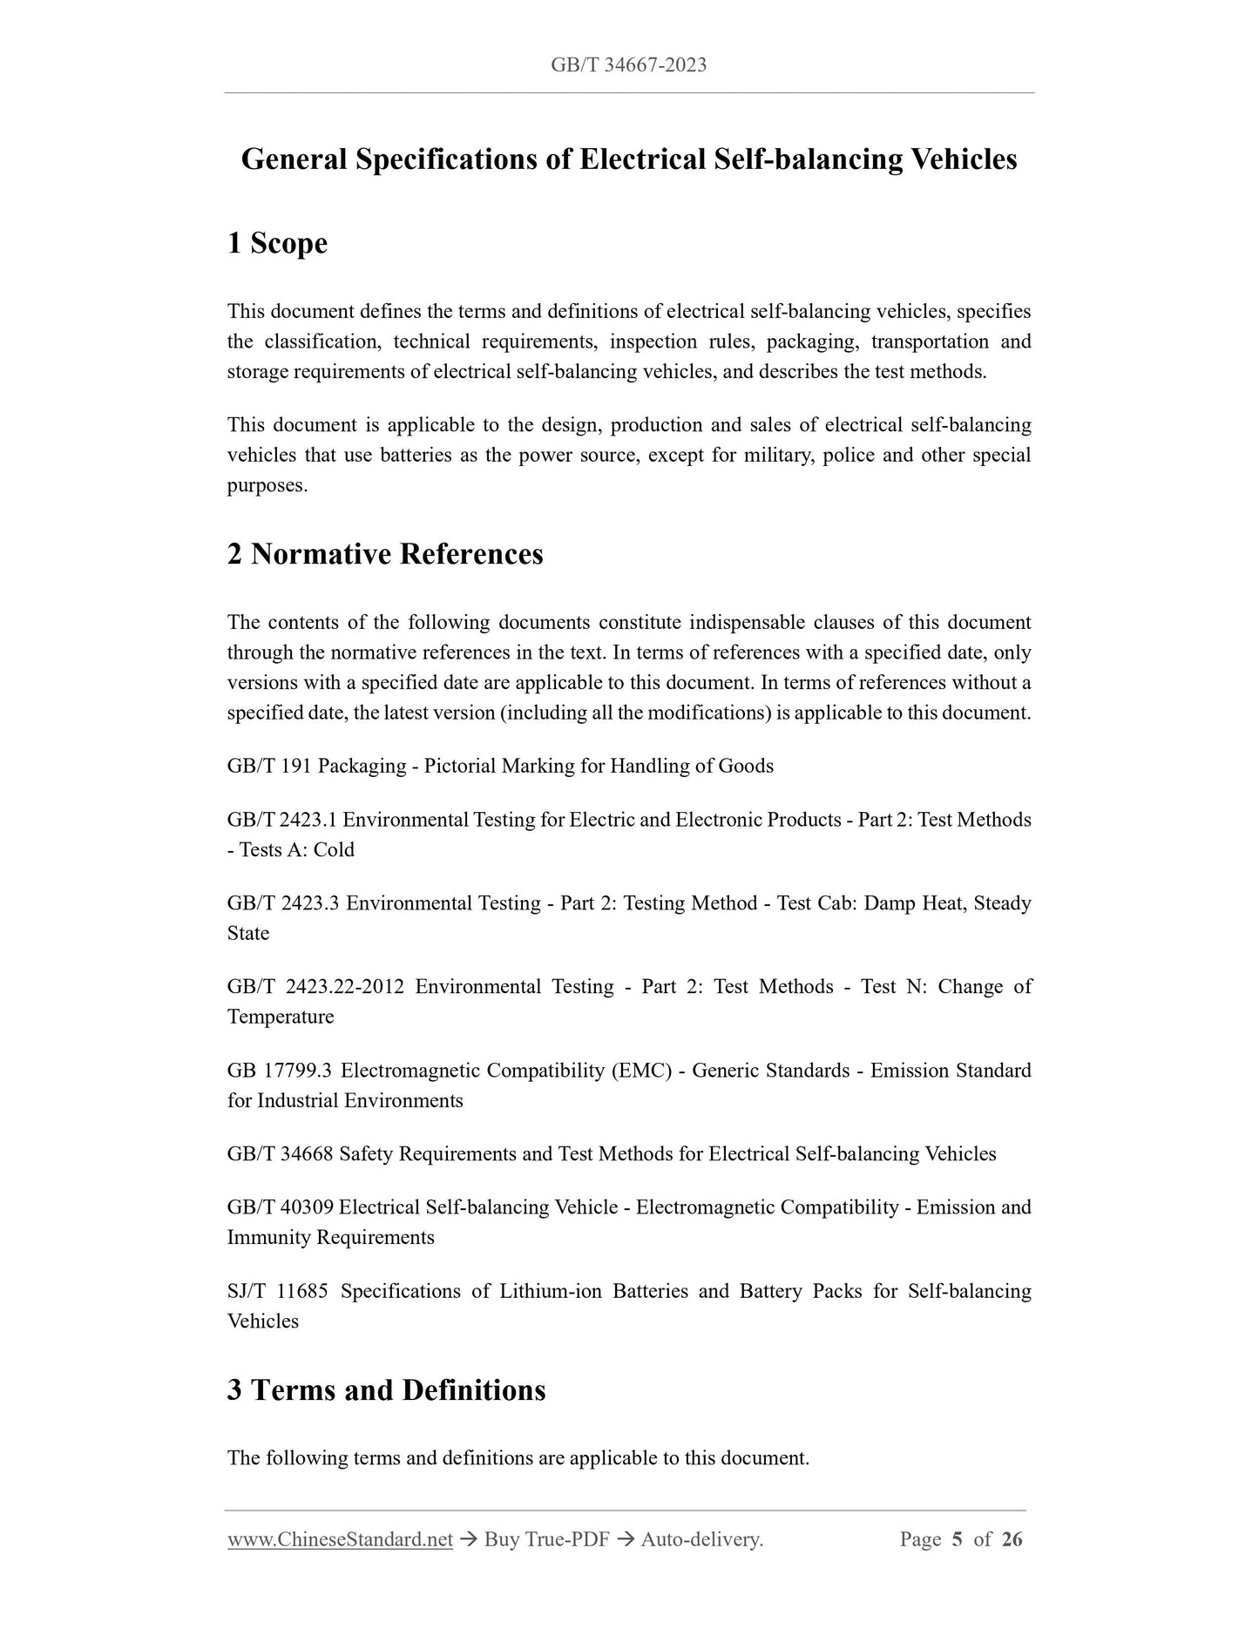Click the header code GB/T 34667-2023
628,65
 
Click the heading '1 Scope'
277,243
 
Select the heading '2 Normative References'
385,554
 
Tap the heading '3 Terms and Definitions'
386,1389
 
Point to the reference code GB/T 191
269,767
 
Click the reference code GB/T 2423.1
281,821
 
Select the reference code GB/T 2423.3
282,903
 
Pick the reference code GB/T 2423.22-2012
315,987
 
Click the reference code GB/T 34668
280,1154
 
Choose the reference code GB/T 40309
280,1207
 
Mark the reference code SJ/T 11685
277,1291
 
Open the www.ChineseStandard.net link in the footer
340,1540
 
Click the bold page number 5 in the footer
957,1540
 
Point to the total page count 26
1012,1540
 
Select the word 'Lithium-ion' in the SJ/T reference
550,1291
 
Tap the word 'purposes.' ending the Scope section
267,486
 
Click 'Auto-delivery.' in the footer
701,1540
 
